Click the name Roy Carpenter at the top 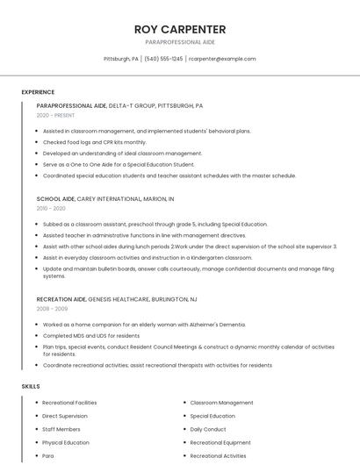coord(180,29)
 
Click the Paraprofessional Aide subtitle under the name coord(180,42)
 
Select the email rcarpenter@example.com coord(223,59)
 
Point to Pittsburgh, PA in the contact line coord(121,59)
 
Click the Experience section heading coord(38,92)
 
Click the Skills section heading coord(30,386)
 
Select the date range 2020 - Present coord(55,115)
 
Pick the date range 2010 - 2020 coord(51,208)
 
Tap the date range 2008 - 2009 coord(51,309)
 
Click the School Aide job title coord(55,199)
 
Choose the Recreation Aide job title coord(61,299)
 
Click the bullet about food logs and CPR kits coord(95,142)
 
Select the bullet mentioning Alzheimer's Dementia coord(144,325)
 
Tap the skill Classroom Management coord(221,403)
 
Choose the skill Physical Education coord(66,443)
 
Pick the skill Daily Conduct coord(208,430)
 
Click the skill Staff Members coord(61,430)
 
